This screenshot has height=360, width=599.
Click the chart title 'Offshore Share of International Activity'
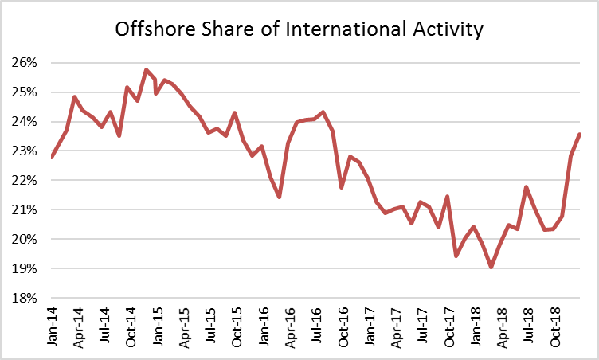coord(299,30)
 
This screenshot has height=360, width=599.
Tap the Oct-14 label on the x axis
coord(129,327)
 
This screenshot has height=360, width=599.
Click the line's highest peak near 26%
coord(147,70)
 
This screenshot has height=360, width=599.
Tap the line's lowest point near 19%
coord(491,268)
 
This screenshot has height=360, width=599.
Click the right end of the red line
coord(579,134)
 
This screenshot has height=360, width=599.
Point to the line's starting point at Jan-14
coord(51,158)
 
